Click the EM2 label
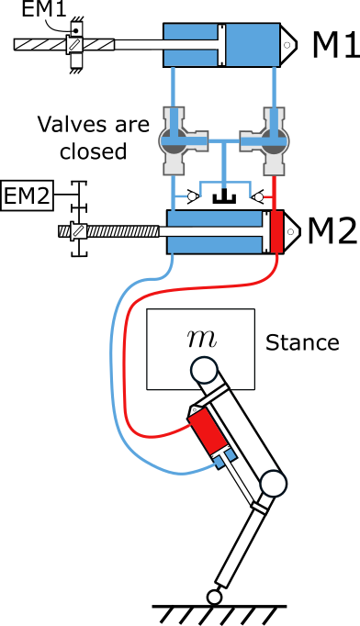click(x=27, y=196)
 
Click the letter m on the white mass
click(x=201, y=338)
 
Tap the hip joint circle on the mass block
click(x=204, y=370)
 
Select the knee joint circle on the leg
click(x=273, y=483)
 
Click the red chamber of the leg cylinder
click(x=208, y=430)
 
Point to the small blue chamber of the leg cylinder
click(x=225, y=456)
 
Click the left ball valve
click(x=174, y=140)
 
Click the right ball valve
click(x=274, y=140)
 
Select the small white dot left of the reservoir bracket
click(x=192, y=196)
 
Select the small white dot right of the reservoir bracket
click(x=259, y=196)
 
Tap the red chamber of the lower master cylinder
click(x=276, y=231)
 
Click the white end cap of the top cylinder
click(x=287, y=44)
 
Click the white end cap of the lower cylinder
click(x=291, y=231)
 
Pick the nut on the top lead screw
click(x=74, y=44)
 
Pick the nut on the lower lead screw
click(x=79, y=231)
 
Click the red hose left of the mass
click(x=125, y=367)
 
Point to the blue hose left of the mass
click(x=111, y=367)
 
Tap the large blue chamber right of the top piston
click(x=252, y=44)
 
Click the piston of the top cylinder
click(x=221, y=44)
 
